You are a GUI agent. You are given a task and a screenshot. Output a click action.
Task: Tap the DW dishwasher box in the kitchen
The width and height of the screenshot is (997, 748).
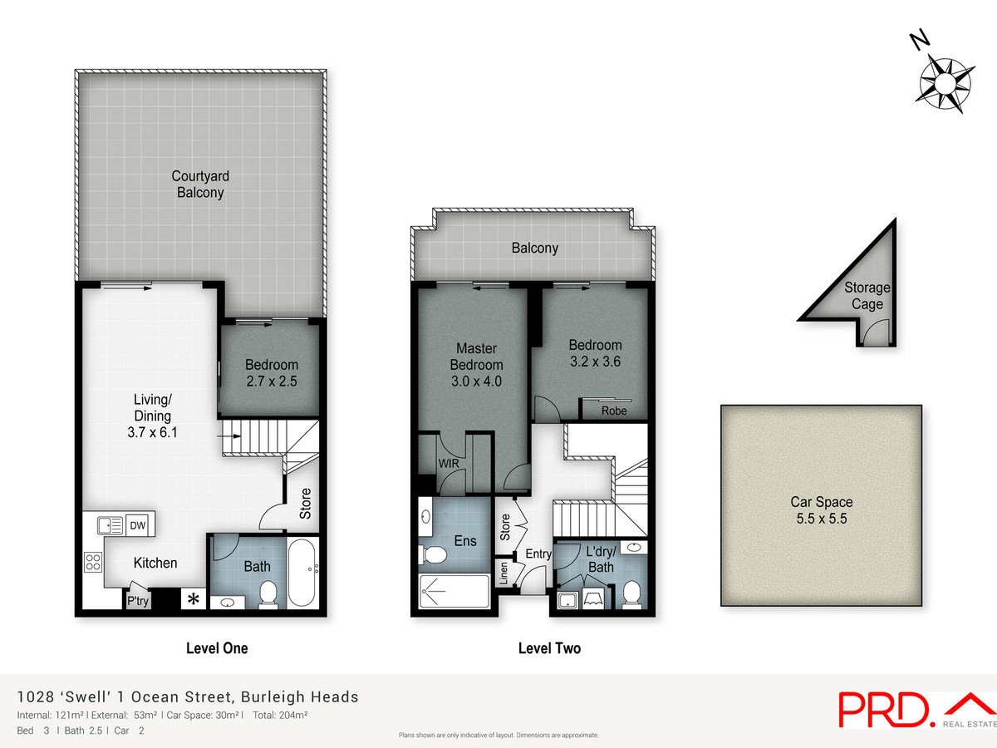(138, 525)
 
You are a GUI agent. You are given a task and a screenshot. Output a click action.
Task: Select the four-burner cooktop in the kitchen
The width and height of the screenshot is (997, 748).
(93, 563)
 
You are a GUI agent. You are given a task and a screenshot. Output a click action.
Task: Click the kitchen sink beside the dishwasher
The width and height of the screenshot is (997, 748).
(111, 525)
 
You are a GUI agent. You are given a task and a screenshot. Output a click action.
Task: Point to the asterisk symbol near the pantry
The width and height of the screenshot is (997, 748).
(194, 599)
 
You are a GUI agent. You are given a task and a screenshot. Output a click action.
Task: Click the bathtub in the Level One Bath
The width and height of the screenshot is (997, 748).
(302, 573)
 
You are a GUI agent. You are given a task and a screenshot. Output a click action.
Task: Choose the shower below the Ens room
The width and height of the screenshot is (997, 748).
(454, 591)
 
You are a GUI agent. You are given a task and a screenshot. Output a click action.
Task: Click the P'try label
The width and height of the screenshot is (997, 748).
(138, 601)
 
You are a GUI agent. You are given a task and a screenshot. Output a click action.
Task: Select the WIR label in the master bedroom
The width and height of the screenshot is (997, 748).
(449, 463)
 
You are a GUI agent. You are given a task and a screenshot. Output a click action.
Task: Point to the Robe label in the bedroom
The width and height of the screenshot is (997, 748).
(614, 411)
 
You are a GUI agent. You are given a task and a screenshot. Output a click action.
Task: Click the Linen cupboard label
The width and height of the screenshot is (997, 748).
(503, 573)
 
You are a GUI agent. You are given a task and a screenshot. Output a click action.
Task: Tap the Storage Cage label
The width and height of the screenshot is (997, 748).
(867, 296)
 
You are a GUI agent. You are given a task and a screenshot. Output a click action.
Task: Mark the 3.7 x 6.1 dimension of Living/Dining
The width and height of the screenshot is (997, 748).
(153, 432)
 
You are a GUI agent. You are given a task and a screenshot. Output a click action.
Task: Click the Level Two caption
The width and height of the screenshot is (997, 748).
(550, 648)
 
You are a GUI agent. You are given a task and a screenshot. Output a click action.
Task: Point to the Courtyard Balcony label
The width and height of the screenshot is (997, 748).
(200, 185)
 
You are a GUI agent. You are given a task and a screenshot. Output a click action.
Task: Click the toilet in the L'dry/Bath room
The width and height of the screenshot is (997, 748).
(631, 594)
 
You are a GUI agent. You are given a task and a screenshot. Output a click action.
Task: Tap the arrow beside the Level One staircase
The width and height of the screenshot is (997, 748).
(229, 436)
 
